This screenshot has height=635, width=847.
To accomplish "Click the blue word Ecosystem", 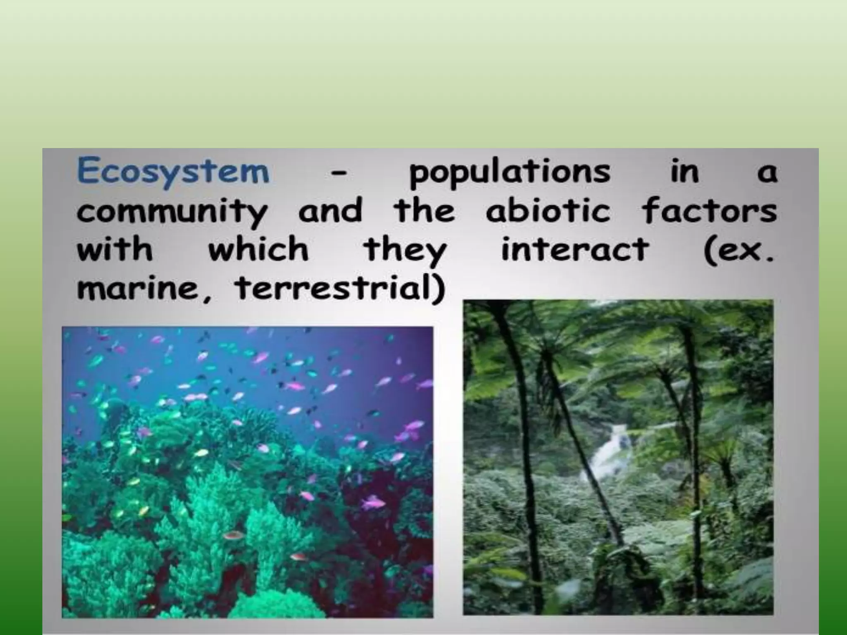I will point(173,172).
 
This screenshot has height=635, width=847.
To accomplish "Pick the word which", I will point(258,249).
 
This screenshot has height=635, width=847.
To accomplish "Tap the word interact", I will point(575,249).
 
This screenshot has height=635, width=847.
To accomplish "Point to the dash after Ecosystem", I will point(338,176).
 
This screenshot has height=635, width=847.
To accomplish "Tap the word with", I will point(115,249).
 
